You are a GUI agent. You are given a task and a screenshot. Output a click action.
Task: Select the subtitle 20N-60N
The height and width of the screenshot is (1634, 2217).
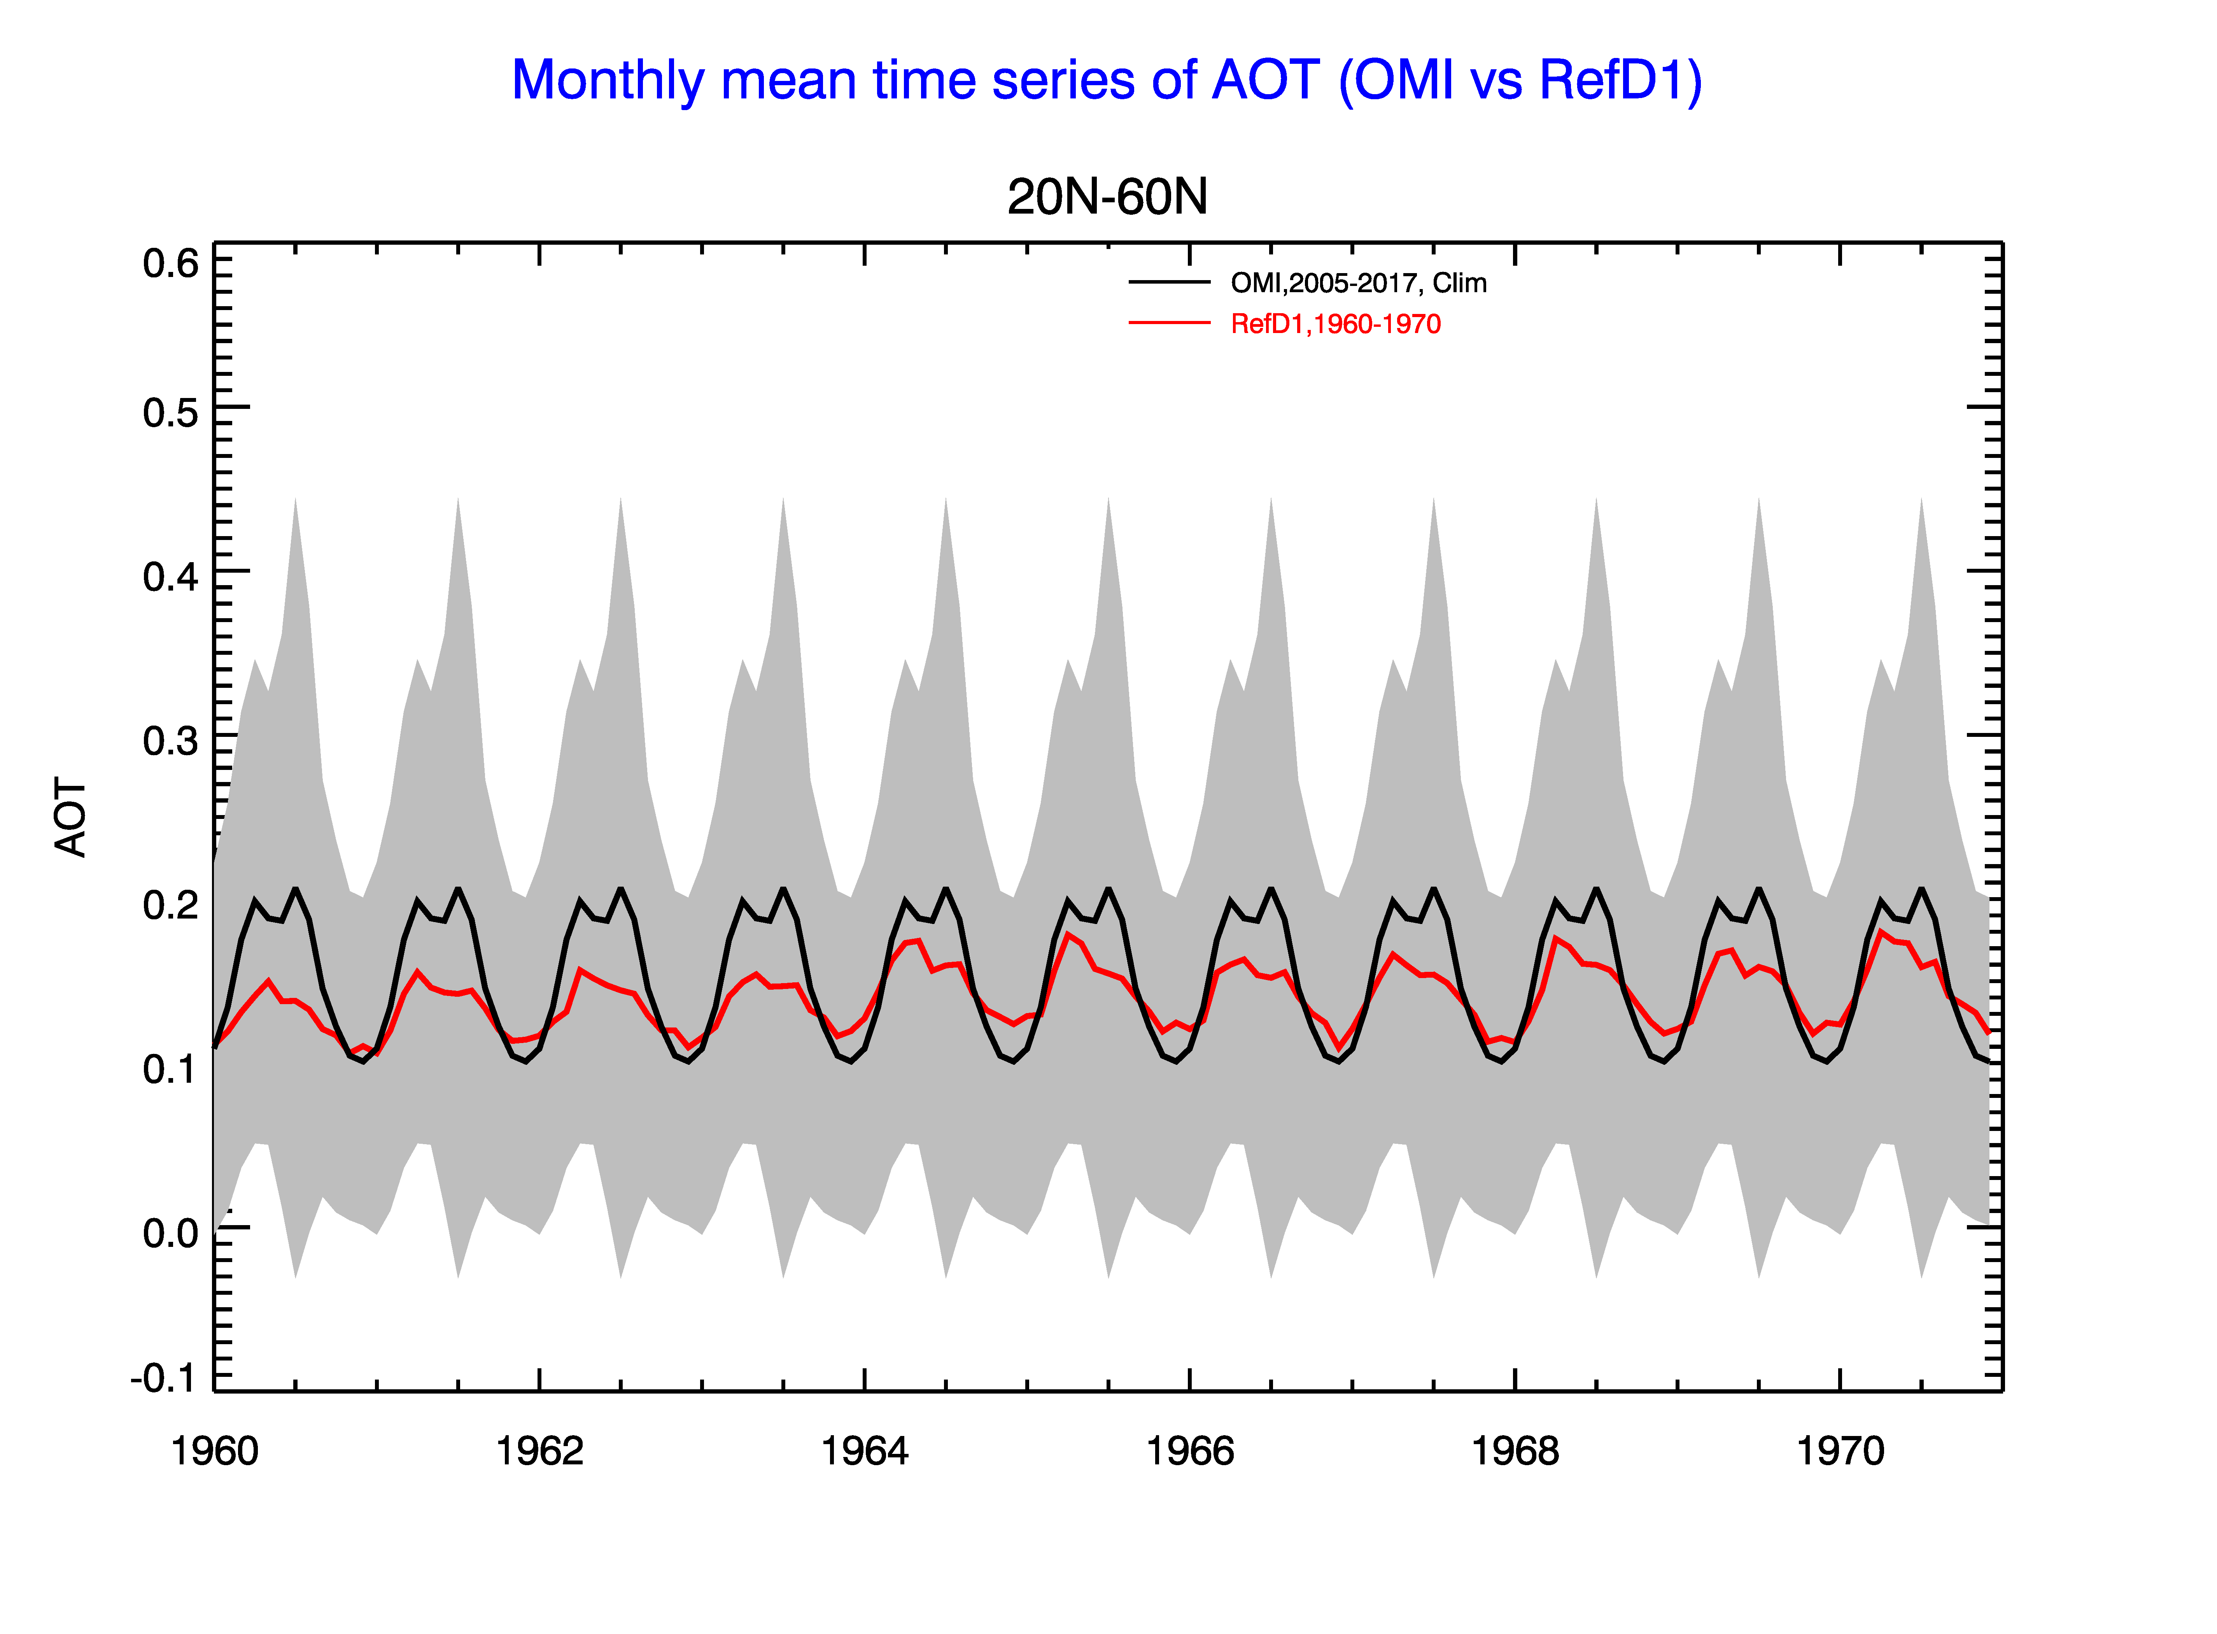1107,197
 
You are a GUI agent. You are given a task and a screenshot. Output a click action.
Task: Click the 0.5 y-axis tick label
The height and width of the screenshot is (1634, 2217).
170,412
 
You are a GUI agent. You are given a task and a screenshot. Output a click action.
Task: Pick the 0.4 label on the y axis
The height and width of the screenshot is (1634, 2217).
170,577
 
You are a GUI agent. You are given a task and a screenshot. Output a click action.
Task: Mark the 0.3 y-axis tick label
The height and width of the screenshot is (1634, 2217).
170,741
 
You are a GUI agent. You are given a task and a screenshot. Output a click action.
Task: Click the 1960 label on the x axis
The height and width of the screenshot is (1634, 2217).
215,1451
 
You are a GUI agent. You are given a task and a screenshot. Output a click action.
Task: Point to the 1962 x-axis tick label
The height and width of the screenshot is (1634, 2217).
540,1451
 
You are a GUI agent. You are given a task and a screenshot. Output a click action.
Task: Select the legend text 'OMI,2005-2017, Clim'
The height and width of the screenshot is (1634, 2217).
1359,284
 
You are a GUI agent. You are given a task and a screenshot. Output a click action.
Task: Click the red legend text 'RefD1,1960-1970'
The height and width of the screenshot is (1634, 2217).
1336,324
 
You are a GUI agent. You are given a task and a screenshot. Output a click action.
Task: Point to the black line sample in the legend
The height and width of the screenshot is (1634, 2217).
1170,283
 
